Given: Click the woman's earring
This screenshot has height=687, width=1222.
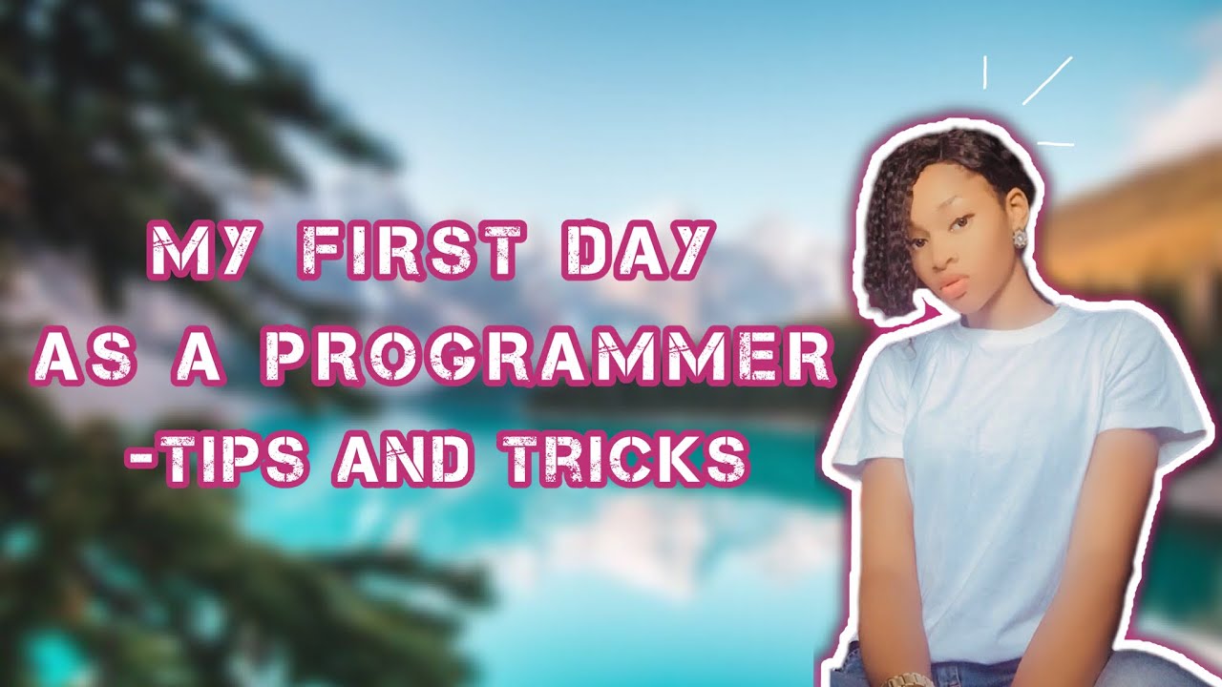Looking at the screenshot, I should coord(1019,237).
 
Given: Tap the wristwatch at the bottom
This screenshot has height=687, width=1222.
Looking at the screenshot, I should coord(908,679).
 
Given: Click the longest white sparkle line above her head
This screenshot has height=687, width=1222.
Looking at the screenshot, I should coord(1047,80).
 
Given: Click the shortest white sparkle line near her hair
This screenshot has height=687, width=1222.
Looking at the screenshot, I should coord(984,73).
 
